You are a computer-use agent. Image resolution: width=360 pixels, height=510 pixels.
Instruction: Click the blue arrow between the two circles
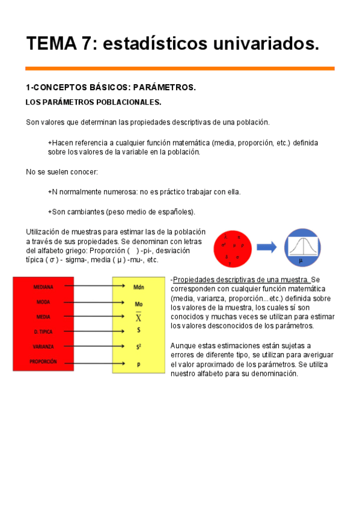coord(266,247)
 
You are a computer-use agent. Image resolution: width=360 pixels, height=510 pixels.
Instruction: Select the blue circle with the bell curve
coord(302,247)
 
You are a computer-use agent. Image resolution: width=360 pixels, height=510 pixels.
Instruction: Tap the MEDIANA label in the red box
coord(43,287)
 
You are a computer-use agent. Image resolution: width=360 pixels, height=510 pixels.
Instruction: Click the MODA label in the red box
coord(43,302)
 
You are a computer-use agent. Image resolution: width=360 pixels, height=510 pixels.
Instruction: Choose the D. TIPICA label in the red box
coord(43,332)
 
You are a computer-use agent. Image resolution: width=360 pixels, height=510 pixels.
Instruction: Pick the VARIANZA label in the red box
coord(43,347)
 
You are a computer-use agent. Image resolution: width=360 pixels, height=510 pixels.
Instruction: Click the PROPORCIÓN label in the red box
coord(43,362)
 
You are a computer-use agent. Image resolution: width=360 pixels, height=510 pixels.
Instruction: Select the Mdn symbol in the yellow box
coord(138,287)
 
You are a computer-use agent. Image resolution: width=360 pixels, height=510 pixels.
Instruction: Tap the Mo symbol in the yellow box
coord(138,303)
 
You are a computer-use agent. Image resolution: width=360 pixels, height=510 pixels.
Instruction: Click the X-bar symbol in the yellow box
coord(138,317)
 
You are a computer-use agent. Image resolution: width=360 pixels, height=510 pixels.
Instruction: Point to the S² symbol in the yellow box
coord(138,347)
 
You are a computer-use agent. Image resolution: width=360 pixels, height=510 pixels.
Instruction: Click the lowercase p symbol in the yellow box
coord(138,363)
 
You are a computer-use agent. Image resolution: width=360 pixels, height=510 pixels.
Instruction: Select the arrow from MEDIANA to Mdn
coord(93,287)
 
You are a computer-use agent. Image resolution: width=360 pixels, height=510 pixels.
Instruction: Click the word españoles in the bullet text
coord(174,212)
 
